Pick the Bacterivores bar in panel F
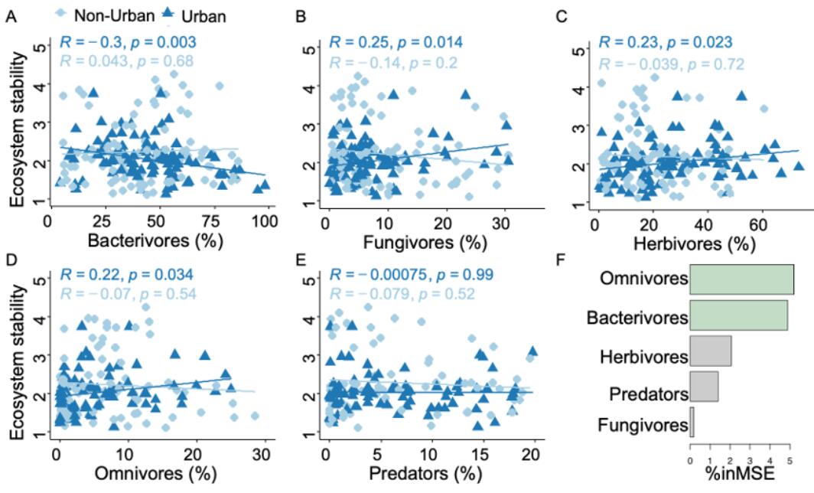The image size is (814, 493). (738, 315)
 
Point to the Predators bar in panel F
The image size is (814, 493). (704, 387)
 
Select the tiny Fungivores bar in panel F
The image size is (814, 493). (692, 423)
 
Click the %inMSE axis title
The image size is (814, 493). (740, 476)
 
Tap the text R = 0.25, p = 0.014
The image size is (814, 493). (396, 42)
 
